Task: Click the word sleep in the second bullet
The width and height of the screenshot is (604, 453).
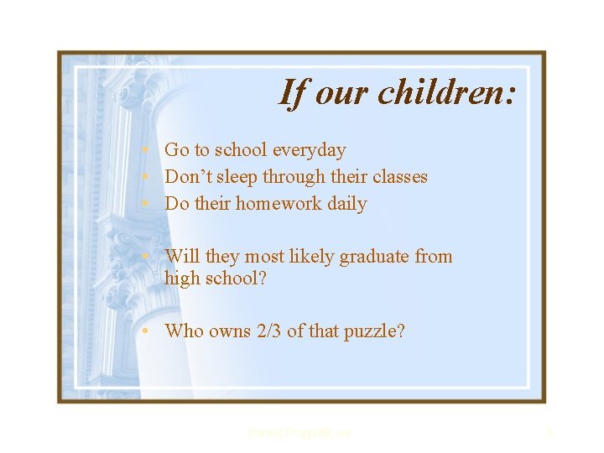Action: (237, 177)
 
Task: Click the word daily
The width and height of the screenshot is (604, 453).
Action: (346, 204)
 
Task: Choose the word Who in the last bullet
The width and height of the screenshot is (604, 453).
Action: (183, 331)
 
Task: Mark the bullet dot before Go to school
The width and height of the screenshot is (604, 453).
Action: (146, 150)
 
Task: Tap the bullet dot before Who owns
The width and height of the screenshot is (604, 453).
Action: (146, 331)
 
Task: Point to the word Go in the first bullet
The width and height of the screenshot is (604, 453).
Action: (176, 150)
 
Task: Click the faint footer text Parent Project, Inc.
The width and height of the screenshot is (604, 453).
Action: (301, 434)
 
